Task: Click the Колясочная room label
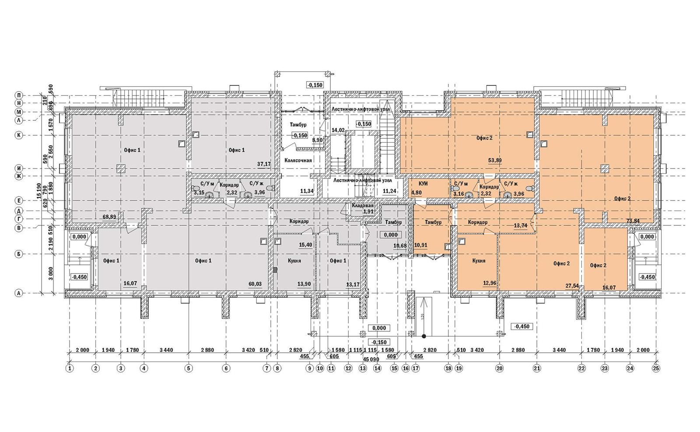298,160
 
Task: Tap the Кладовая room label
363,206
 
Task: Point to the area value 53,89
495,160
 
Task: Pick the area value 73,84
633,221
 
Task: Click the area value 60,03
255,284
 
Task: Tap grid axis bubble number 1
70,369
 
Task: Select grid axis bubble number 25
656,369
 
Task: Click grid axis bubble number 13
363,369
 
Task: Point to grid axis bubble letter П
19,95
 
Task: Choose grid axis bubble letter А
19,293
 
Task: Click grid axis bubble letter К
19,135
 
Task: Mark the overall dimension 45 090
371,359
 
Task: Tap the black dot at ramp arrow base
424,336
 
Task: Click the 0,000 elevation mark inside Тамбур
391,235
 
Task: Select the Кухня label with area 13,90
294,261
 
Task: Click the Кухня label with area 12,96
479,260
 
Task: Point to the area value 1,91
368,212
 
